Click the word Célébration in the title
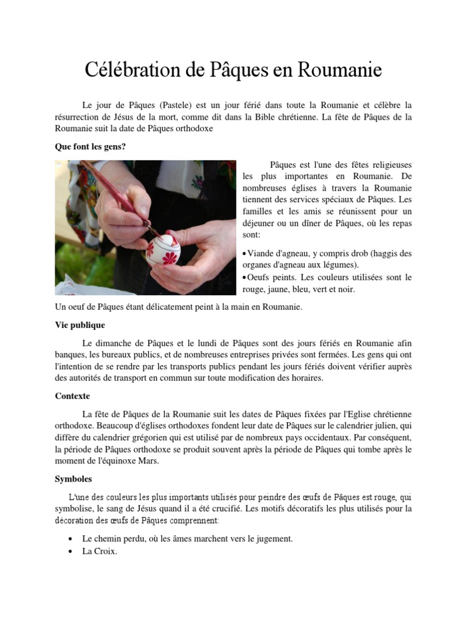pyautogui.click(x=133, y=70)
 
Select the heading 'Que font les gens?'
pyautogui.click(x=91, y=146)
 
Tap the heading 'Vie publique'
pyautogui.click(x=80, y=325)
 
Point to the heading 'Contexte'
pyautogui.click(x=72, y=396)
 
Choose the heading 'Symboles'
pyautogui.click(x=73, y=479)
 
